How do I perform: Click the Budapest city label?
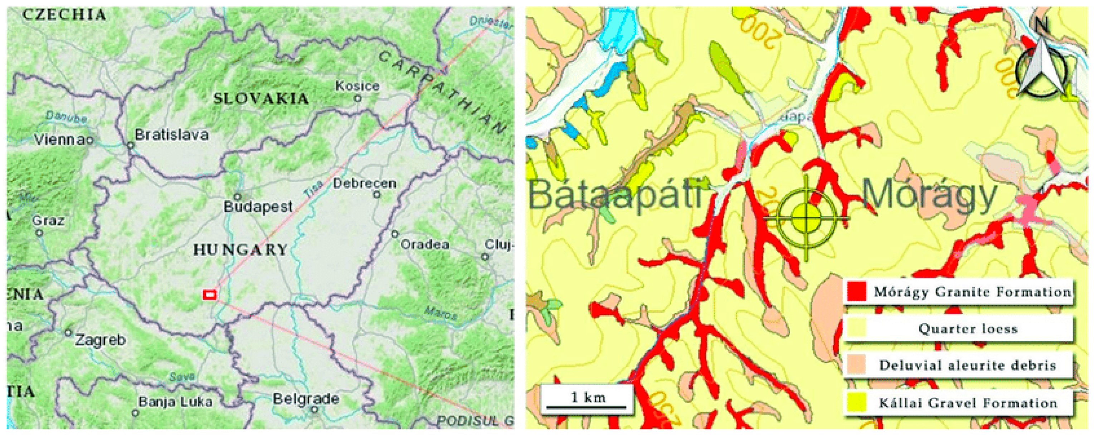pyautogui.click(x=258, y=207)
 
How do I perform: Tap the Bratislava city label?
pyautogui.click(x=172, y=135)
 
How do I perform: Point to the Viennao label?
pyautogui.click(x=62, y=140)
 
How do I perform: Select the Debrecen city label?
pyautogui.click(x=364, y=183)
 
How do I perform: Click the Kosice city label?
pyautogui.click(x=357, y=86)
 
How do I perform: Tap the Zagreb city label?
pyautogui.click(x=100, y=340)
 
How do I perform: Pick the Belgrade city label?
pyautogui.click(x=306, y=399)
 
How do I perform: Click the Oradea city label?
pyautogui.click(x=425, y=245)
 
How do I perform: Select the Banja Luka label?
pyautogui.click(x=175, y=402)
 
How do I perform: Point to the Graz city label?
pyautogui.click(x=48, y=221)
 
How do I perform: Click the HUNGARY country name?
pyautogui.click(x=240, y=250)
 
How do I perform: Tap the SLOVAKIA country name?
pyautogui.click(x=261, y=99)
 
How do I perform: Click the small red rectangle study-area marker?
pyautogui.click(x=210, y=294)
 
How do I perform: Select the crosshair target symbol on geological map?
pyautogui.click(x=806, y=218)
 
